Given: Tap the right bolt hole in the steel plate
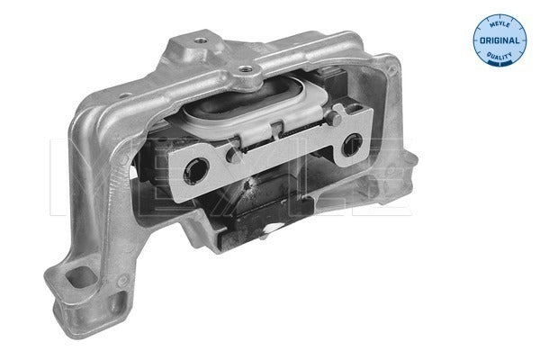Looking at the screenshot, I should pos(352,143).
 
